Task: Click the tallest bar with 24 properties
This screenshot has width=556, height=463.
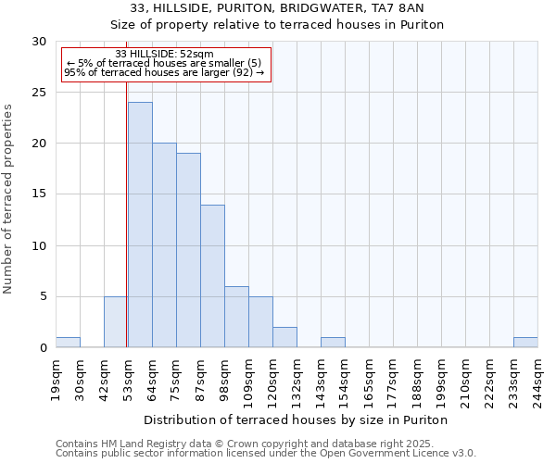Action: pyautogui.click(x=140, y=225)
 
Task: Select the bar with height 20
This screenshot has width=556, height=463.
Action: pyautogui.click(x=164, y=245)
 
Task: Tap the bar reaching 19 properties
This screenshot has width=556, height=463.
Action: pyautogui.click(x=188, y=250)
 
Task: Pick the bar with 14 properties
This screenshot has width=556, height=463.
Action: pyautogui.click(x=212, y=276)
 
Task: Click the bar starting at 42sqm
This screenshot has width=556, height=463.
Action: pyautogui.click(x=116, y=322)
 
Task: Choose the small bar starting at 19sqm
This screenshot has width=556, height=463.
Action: pyautogui.click(x=68, y=343)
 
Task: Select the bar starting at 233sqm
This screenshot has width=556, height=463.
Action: pyautogui.click(x=525, y=343)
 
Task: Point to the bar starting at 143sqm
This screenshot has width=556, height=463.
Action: pyautogui.click(x=333, y=343)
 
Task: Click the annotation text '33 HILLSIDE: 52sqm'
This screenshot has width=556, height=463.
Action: pyautogui.click(x=165, y=54)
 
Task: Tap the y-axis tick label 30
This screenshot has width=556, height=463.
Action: pyautogui.click(x=40, y=42)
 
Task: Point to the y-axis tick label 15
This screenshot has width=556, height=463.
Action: pyautogui.click(x=40, y=194)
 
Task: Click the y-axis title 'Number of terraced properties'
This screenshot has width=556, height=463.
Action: pyautogui.click(x=9, y=198)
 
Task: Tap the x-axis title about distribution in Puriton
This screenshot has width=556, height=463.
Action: pyautogui.click(x=297, y=419)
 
